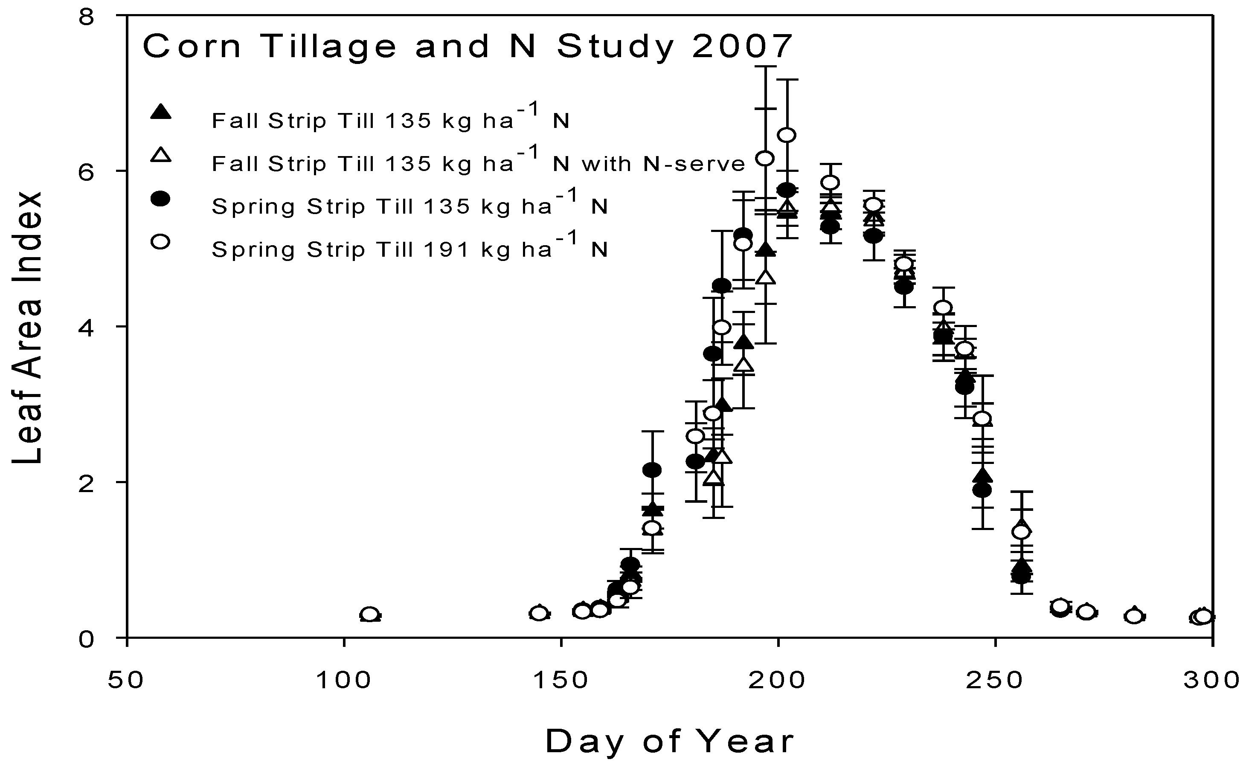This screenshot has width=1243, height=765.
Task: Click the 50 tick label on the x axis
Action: coord(127,681)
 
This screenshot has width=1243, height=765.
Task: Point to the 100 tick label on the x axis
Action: coord(344,681)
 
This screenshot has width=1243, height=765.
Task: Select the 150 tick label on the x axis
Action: coord(561,681)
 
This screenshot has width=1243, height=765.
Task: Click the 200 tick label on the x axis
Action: coord(778,681)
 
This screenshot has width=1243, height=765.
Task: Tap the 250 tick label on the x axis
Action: coord(995,681)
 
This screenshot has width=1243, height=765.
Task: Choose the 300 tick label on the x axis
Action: coord(1211,681)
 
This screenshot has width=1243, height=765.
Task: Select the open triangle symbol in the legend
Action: coord(161,154)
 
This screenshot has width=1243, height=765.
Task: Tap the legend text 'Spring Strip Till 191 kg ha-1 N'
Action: coord(409,249)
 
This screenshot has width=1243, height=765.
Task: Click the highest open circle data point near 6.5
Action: coord(787,135)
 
